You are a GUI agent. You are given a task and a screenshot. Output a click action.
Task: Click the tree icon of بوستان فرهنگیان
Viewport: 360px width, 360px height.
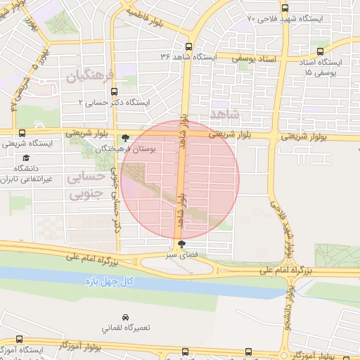click(125, 139)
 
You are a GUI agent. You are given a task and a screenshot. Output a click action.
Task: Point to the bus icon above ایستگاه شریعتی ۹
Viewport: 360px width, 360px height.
click(22, 132)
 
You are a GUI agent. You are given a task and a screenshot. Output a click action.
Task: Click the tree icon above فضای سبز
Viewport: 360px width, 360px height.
click(182, 244)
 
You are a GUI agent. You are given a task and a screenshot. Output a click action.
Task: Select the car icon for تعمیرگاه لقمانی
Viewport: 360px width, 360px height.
click(125, 317)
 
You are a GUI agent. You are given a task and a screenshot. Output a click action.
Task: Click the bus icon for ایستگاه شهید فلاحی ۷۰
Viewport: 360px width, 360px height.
click(284, 8)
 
